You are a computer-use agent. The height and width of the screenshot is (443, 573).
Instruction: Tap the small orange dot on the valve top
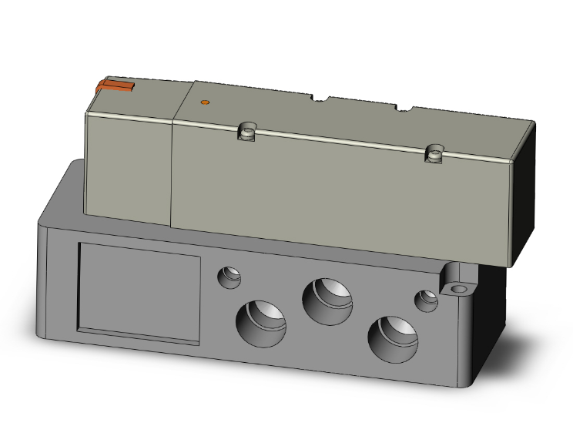(204, 102)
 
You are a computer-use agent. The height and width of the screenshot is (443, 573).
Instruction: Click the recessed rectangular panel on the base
(139, 289)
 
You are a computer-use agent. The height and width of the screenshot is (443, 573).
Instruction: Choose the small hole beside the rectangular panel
(229, 276)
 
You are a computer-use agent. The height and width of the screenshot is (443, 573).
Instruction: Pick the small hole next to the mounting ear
(425, 300)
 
